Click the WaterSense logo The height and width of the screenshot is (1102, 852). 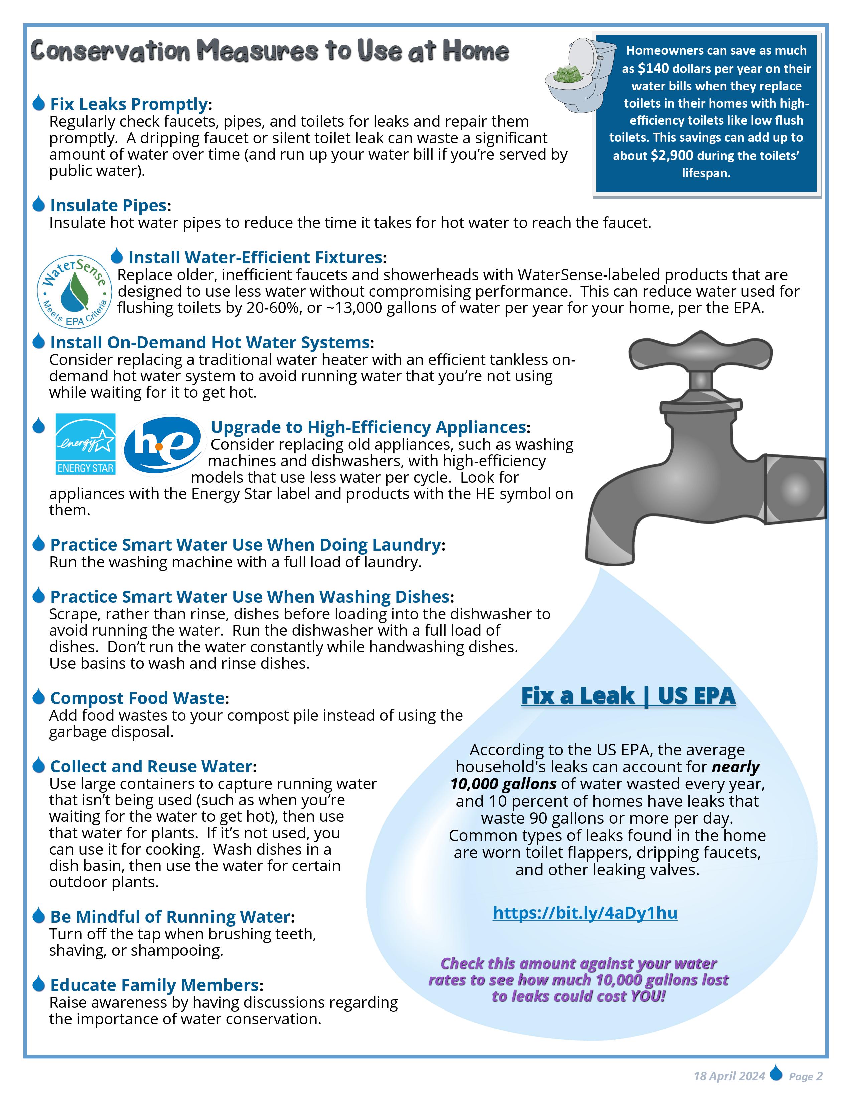[74, 291]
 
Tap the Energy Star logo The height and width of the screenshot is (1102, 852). [85, 444]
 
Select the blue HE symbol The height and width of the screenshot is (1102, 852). [162, 445]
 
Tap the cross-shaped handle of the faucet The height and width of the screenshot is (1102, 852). [701, 351]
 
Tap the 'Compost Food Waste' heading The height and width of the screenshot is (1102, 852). [137, 698]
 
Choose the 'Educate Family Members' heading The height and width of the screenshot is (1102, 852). [154, 985]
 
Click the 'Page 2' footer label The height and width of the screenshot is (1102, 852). [805, 1076]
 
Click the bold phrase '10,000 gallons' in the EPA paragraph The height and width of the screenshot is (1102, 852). [503, 784]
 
